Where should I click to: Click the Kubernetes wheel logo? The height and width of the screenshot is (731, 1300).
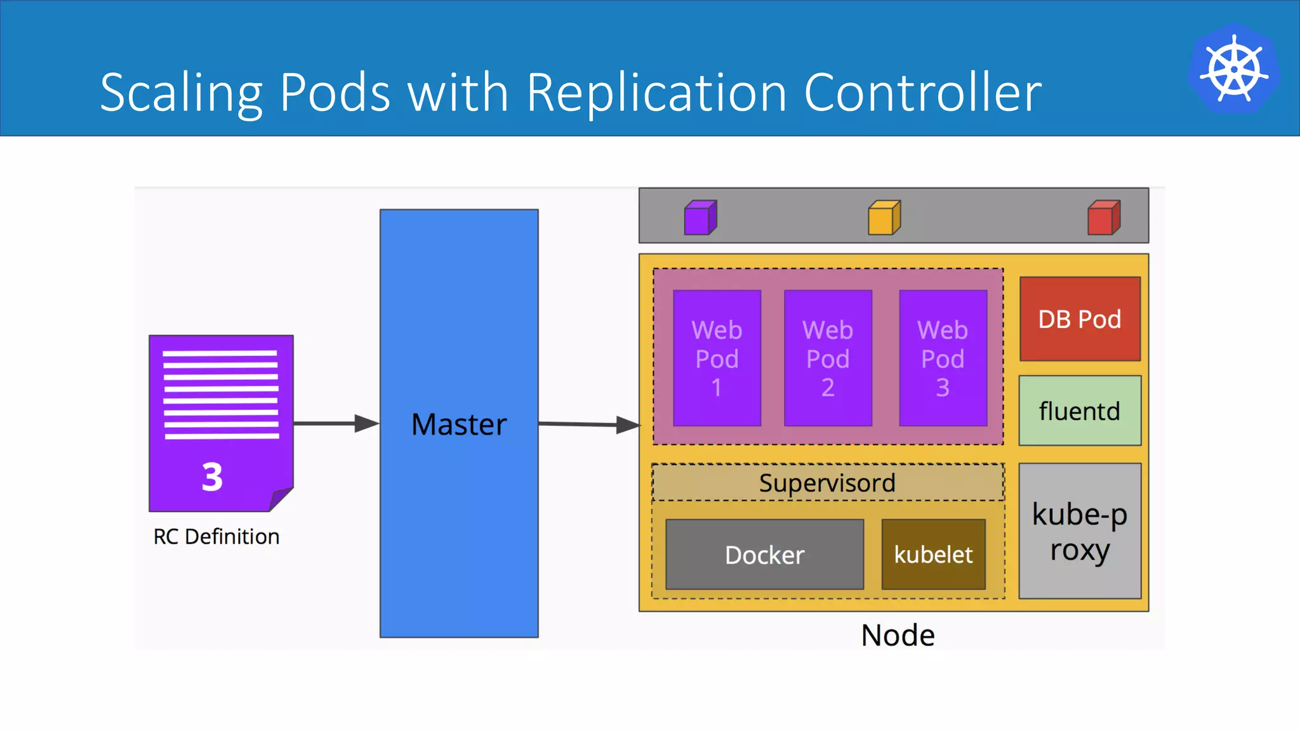click(1234, 69)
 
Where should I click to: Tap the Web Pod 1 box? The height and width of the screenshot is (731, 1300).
click(717, 358)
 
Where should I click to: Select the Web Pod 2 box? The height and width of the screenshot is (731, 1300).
click(828, 358)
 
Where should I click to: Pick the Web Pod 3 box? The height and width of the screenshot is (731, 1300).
click(943, 358)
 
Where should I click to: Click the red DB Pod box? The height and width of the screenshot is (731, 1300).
click(1080, 319)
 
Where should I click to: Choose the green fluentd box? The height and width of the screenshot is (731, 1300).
click(1080, 411)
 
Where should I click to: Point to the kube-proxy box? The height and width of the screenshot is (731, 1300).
click(1080, 531)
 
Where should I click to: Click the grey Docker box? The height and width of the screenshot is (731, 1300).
click(764, 555)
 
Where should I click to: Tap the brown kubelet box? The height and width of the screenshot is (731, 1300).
click(933, 555)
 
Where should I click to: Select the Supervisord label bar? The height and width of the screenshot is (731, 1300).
click(827, 483)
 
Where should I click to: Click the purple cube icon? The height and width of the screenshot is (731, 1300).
click(700, 218)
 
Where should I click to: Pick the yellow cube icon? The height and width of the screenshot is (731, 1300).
click(884, 218)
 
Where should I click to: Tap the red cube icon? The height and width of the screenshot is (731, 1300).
click(1104, 218)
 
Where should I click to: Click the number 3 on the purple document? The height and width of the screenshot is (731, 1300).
click(212, 477)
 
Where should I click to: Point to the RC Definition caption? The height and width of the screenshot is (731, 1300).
click(216, 537)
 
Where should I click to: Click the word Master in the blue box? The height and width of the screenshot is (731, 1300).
click(459, 425)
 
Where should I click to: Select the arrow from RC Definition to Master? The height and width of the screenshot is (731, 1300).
click(336, 423)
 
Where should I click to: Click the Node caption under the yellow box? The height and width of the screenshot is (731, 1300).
click(898, 635)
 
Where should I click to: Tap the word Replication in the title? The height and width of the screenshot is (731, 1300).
click(656, 93)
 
